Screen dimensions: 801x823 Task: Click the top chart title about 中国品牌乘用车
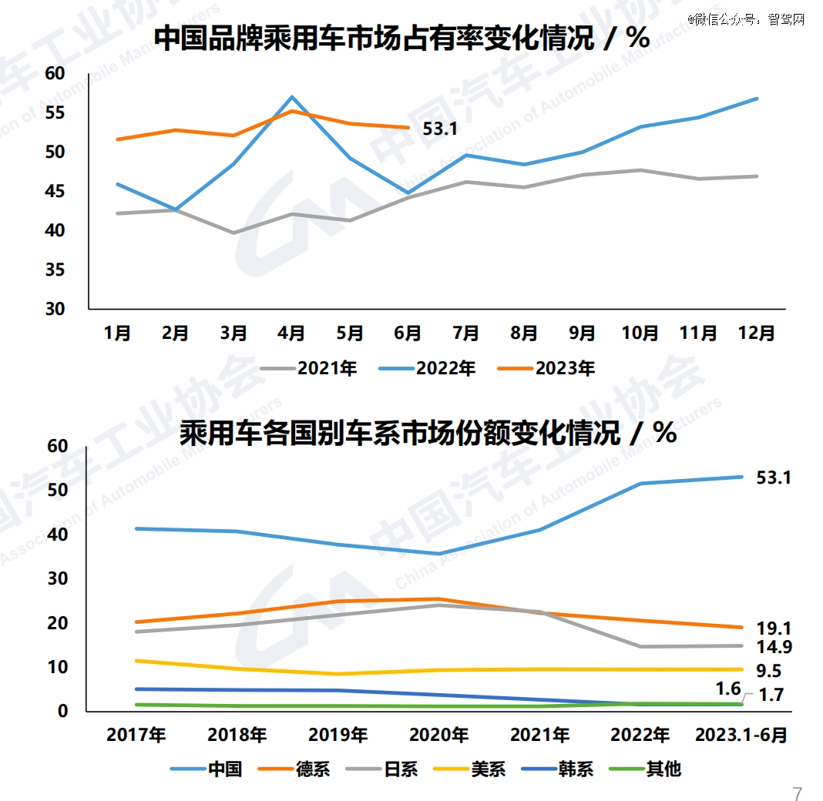click(x=401, y=38)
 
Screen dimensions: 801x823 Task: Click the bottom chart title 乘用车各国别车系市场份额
click(x=428, y=433)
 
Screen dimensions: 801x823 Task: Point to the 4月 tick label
click(x=291, y=333)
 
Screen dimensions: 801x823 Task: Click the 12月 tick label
click(x=757, y=333)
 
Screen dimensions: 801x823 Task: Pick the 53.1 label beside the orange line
click(x=440, y=129)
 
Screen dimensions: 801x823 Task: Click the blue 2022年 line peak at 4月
click(x=292, y=97)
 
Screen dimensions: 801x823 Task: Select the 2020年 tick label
click(x=438, y=735)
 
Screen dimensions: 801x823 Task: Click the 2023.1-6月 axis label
click(x=741, y=735)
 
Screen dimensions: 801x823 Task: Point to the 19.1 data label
click(x=774, y=628)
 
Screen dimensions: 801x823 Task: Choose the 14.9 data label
click(x=774, y=647)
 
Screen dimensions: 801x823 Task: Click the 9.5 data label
click(x=768, y=671)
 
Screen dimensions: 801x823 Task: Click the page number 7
click(x=798, y=794)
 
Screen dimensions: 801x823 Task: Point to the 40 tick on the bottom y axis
click(x=58, y=535)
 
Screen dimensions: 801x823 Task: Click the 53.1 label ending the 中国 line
click(x=774, y=478)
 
